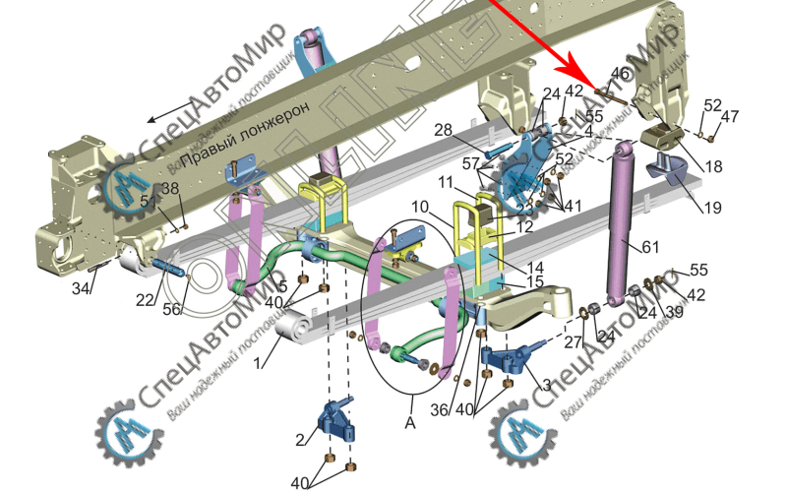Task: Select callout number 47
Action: [x=729, y=117]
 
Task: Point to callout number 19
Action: [x=714, y=207]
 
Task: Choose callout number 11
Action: [x=446, y=184]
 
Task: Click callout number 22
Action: [x=144, y=299]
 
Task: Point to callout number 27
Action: [x=573, y=342]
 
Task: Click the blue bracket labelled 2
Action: [x=333, y=422]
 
